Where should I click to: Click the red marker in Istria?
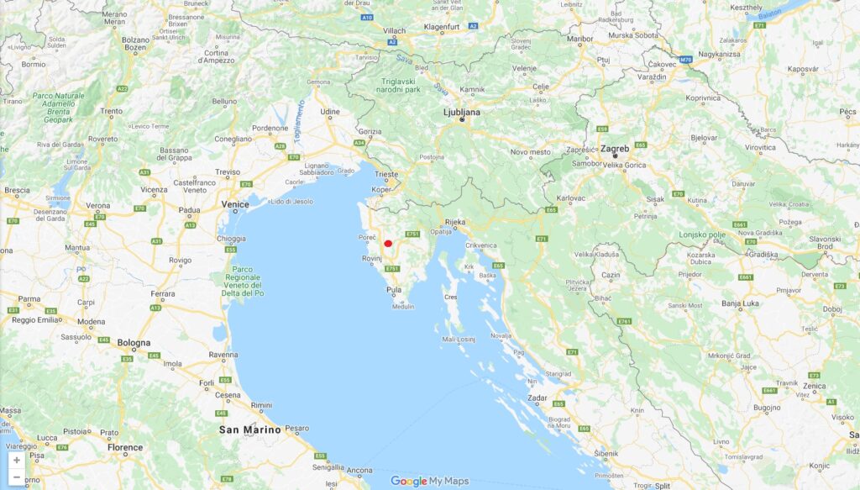tap(388, 244)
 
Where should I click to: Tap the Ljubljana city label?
tap(462, 111)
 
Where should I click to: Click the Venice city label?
tap(234, 204)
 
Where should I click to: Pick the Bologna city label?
tap(134, 343)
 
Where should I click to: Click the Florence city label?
tap(124, 448)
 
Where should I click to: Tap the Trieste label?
tap(387, 173)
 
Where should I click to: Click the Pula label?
tap(393, 290)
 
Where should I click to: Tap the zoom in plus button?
tap(17, 460)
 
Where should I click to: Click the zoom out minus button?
tap(17, 477)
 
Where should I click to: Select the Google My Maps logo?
tap(429, 482)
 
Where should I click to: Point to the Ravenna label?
tap(223, 355)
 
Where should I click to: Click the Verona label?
tap(98, 205)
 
